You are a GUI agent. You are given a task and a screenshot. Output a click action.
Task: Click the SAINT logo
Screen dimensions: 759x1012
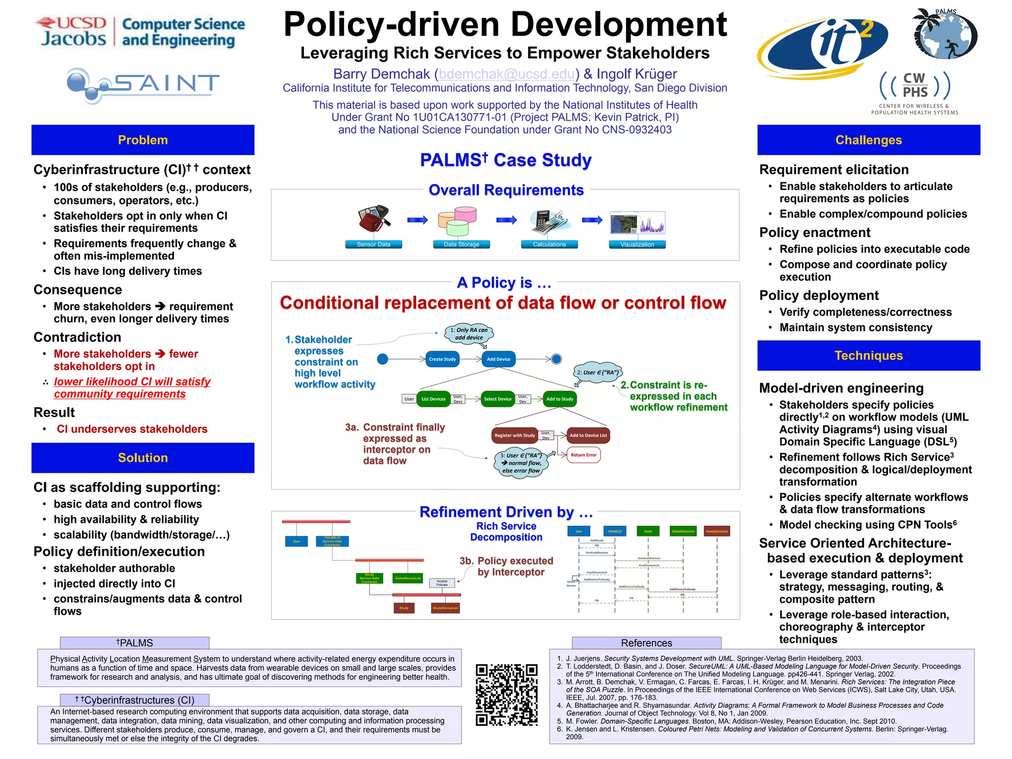point(143,85)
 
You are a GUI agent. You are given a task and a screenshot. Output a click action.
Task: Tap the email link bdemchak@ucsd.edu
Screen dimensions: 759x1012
point(506,74)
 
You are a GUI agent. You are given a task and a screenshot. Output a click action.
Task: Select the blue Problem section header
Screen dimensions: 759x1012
point(143,140)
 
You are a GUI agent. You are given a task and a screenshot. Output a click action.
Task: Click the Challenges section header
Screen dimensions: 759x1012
point(868,140)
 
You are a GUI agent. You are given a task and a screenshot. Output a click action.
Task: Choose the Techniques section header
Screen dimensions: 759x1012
point(868,355)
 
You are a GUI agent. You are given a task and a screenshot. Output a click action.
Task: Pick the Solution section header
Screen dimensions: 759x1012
point(143,458)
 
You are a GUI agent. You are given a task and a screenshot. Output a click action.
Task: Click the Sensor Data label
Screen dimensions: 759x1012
point(374,244)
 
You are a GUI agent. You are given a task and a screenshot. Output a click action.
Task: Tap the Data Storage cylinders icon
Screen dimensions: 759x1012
point(458,221)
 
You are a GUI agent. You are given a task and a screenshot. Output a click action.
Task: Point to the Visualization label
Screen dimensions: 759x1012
point(637,244)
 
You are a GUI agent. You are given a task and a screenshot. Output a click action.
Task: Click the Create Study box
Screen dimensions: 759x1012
point(442,359)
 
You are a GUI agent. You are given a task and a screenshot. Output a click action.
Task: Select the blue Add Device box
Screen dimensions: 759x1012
point(498,359)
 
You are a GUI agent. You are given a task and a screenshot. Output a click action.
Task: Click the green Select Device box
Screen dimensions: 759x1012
point(497,399)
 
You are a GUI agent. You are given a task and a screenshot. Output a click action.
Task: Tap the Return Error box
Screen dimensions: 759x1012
point(584,455)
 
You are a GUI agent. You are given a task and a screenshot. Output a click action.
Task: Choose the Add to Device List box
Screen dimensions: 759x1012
point(588,435)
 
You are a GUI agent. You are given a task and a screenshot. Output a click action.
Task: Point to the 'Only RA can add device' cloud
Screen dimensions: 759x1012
point(469,334)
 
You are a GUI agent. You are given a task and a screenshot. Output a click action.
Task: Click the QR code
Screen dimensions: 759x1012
point(506,694)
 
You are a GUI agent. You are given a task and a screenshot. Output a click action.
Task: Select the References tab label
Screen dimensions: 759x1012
point(646,643)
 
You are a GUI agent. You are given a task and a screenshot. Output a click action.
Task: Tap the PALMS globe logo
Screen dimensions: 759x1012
point(945,35)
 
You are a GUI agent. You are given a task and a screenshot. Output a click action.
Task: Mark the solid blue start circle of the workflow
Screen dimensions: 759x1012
point(382,359)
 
